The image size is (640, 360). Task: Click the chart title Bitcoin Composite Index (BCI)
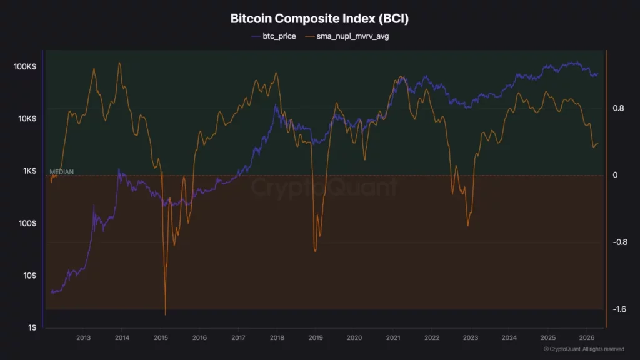click(x=319, y=19)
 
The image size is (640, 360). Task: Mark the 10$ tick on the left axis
click(x=29, y=276)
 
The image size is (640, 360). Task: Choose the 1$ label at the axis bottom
click(x=31, y=328)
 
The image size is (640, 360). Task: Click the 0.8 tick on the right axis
click(x=619, y=108)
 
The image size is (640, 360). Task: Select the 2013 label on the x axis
click(x=83, y=338)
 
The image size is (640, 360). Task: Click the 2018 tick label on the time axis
click(x=277, y=338)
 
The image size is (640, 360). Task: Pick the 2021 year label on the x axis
click(x=393, y=338)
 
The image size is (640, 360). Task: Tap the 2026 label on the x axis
click(x=586, y=338)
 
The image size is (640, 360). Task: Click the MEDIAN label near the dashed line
click(x=62, y=171)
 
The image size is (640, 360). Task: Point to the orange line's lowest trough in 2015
click(x=166, y=314)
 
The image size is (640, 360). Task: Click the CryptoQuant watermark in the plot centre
click(x=324, y=187)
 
